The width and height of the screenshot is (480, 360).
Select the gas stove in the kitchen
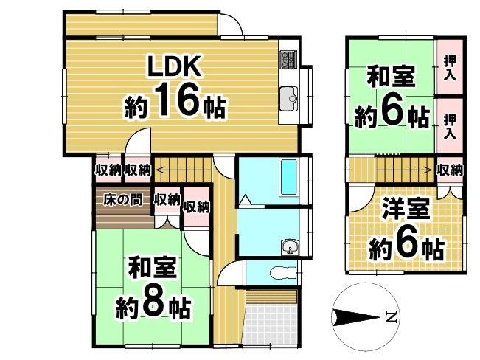[x=288, y=58]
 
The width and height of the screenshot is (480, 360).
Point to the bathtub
[x=287, y=176]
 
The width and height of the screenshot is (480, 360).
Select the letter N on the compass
[x=391, y=319]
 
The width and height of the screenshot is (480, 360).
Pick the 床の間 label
[x=122, y=199]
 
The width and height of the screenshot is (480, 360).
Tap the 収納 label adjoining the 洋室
[x=449, y=170]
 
